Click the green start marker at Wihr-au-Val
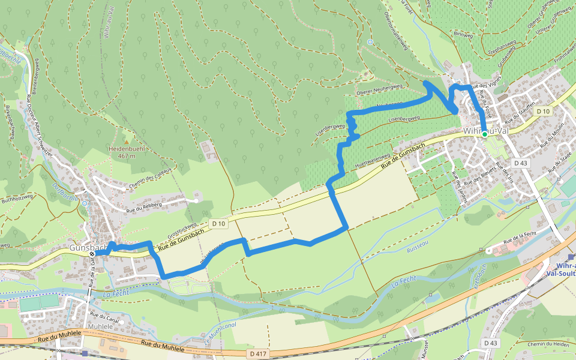(484, 134)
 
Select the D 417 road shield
(257, 354)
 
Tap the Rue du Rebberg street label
(144, 208)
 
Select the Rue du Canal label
(102, 314)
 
